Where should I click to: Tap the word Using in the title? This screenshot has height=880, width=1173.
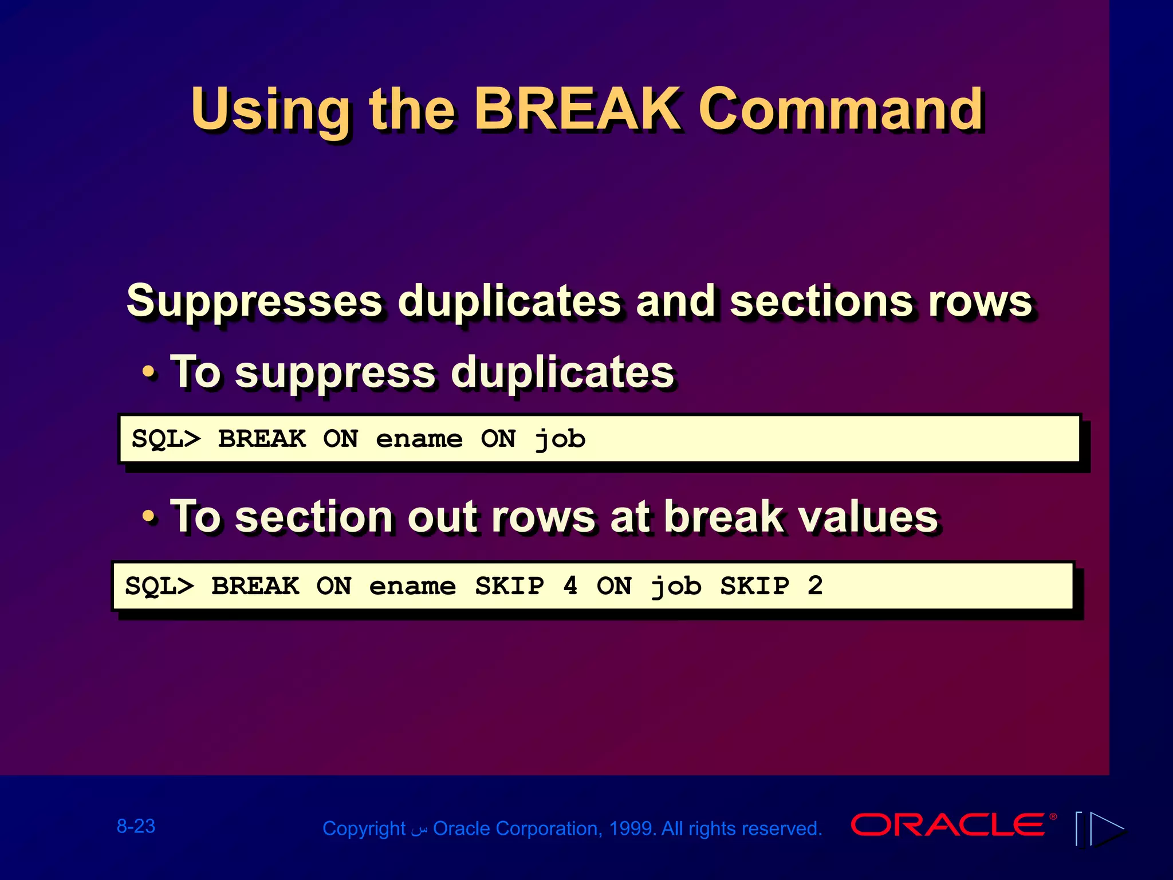(x=270, y=110)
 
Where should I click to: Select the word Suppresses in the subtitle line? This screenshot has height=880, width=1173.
(x=254, y=301)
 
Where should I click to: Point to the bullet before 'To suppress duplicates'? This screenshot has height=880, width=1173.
(x=148, y=372)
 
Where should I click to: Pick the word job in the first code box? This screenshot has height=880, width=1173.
(x=560, y=439)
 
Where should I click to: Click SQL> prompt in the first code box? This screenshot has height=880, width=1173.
(x=166, y=439)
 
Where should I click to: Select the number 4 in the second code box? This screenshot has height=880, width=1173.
(x=570, y=586)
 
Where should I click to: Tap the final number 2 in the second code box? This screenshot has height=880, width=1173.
(x=815, y=586)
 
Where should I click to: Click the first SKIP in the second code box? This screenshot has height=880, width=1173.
(x=510, y=586)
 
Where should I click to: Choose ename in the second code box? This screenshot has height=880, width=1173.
(x=412, y=586)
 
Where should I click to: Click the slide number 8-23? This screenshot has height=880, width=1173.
(x=136, y=826)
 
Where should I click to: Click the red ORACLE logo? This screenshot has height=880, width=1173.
(x=948, y=825)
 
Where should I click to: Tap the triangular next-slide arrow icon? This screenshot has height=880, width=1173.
(x=1105, y=828)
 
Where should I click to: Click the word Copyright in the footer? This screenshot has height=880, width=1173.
(x=364, y=828)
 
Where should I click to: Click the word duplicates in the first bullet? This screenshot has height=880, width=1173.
(x=562, y=372)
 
